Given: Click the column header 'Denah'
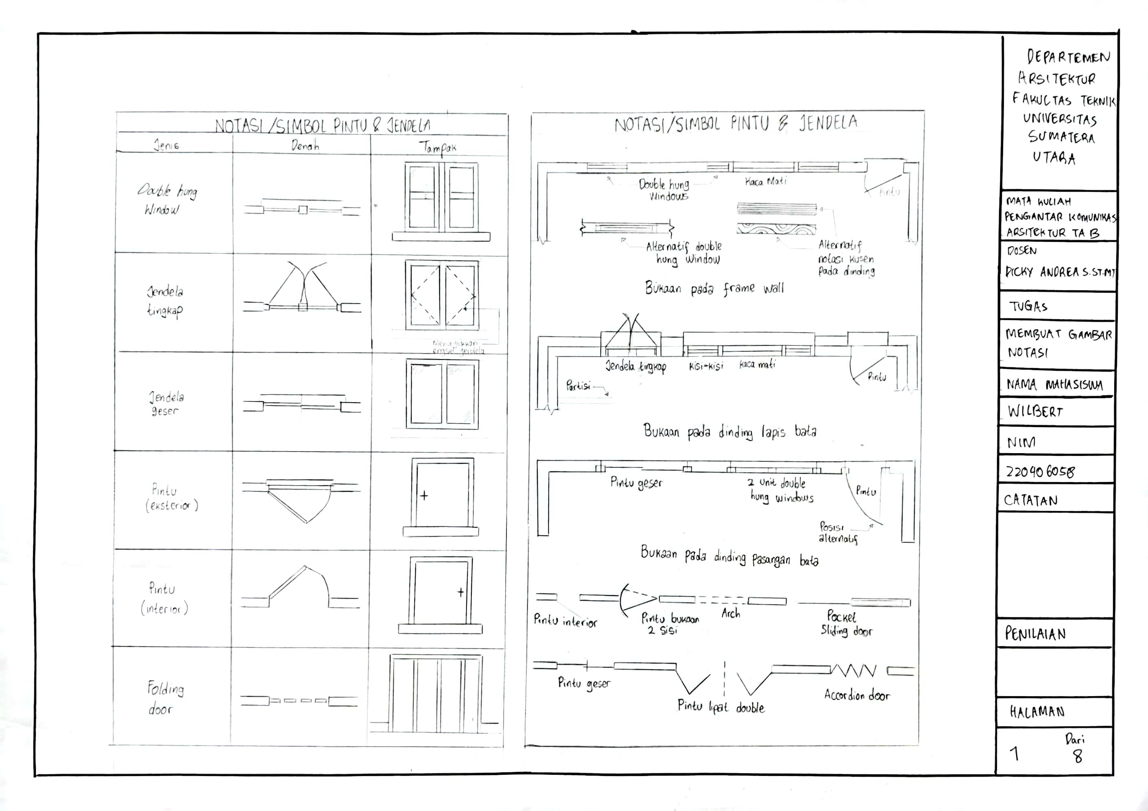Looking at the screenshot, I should pyautogui.click(x=305, y=146).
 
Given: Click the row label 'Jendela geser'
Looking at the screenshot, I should pyautogui.click(x=167, y=404).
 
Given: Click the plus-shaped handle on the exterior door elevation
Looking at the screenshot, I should pyautogui.click(x=424, y=496).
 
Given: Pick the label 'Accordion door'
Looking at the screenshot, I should pyautogui.click(x=857, y=695).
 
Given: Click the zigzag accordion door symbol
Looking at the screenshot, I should pyautogui.click(x=854, y=671).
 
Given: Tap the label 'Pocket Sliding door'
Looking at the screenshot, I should pyautogui.click(x=846, y=623).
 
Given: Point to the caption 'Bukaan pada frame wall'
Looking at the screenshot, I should pyautogui.click(x=714, y=289).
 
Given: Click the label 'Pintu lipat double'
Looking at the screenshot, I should pyautogui.click(x=721, y=706).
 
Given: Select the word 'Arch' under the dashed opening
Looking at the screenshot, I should pyautogui.click(x=730, y=614).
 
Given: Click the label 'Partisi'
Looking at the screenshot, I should pyautogui.click(x=578, y=386).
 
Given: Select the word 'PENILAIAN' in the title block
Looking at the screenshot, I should pyautogui.click(x=1036, y=634).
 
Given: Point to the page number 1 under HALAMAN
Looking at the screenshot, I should pyautogui.click(x=1014, y=754).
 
